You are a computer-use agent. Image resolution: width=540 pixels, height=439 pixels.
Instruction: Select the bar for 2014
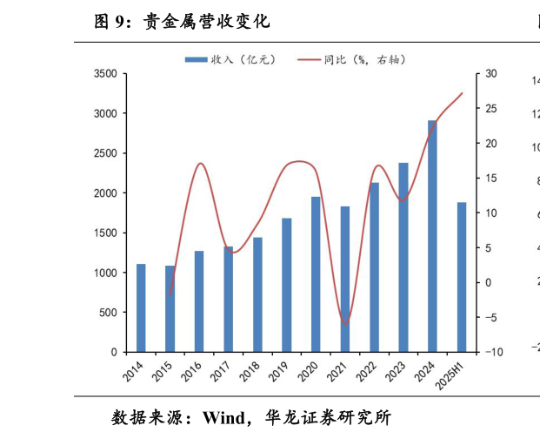[141, 307]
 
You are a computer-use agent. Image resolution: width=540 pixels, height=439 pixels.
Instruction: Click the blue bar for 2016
[199, 301]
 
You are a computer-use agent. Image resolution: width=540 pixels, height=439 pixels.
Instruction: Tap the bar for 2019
[287, 285]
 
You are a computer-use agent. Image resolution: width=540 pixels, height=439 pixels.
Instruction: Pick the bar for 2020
[316, 274]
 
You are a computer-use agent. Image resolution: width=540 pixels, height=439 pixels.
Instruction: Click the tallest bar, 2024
[432, 236]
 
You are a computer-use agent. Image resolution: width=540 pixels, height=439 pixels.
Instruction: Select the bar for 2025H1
[462, 277]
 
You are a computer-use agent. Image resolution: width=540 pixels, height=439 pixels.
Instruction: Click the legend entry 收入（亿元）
[230, 60]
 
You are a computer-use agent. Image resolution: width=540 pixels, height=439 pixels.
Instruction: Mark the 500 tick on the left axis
[109, 313]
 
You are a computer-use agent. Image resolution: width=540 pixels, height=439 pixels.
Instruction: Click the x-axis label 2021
[337, 373]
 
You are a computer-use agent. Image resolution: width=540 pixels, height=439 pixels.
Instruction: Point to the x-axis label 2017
[221, 373]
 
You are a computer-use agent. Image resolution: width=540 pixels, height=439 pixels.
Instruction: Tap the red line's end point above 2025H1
[462, 93]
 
